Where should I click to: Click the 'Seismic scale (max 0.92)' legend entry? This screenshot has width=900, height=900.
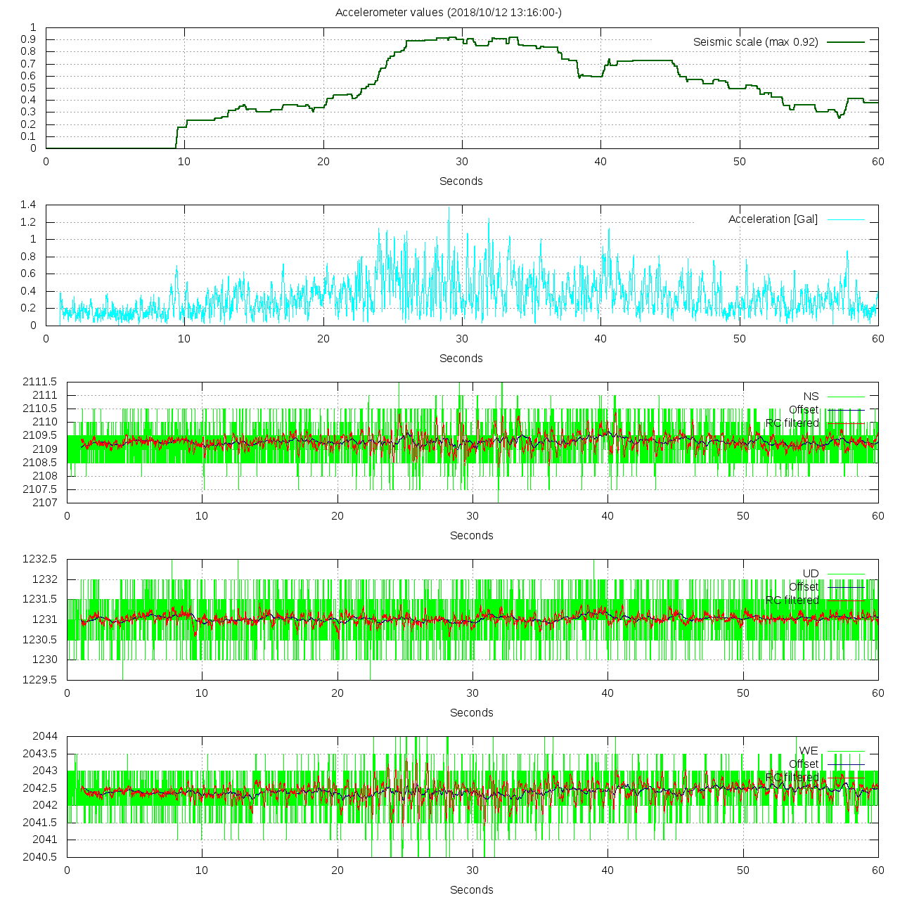[756, 42]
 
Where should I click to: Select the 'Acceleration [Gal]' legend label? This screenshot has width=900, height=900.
[773, 219]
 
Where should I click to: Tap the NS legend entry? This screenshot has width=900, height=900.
[811, 397]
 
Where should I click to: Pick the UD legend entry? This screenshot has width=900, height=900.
[811, 574]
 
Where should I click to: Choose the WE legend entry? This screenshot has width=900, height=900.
[809, 751]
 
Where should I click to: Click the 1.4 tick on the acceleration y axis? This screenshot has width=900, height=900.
[28, 205]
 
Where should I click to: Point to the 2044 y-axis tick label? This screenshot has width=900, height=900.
[45, 736]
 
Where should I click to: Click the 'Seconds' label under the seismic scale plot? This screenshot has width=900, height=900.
[461, 181]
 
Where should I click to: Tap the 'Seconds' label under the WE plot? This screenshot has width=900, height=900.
[471, 890]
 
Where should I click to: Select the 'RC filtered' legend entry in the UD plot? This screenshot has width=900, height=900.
[792, 600]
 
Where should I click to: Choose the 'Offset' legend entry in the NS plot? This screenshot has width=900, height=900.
[804, 410]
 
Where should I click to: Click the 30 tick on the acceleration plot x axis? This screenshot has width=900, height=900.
[462, 339]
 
